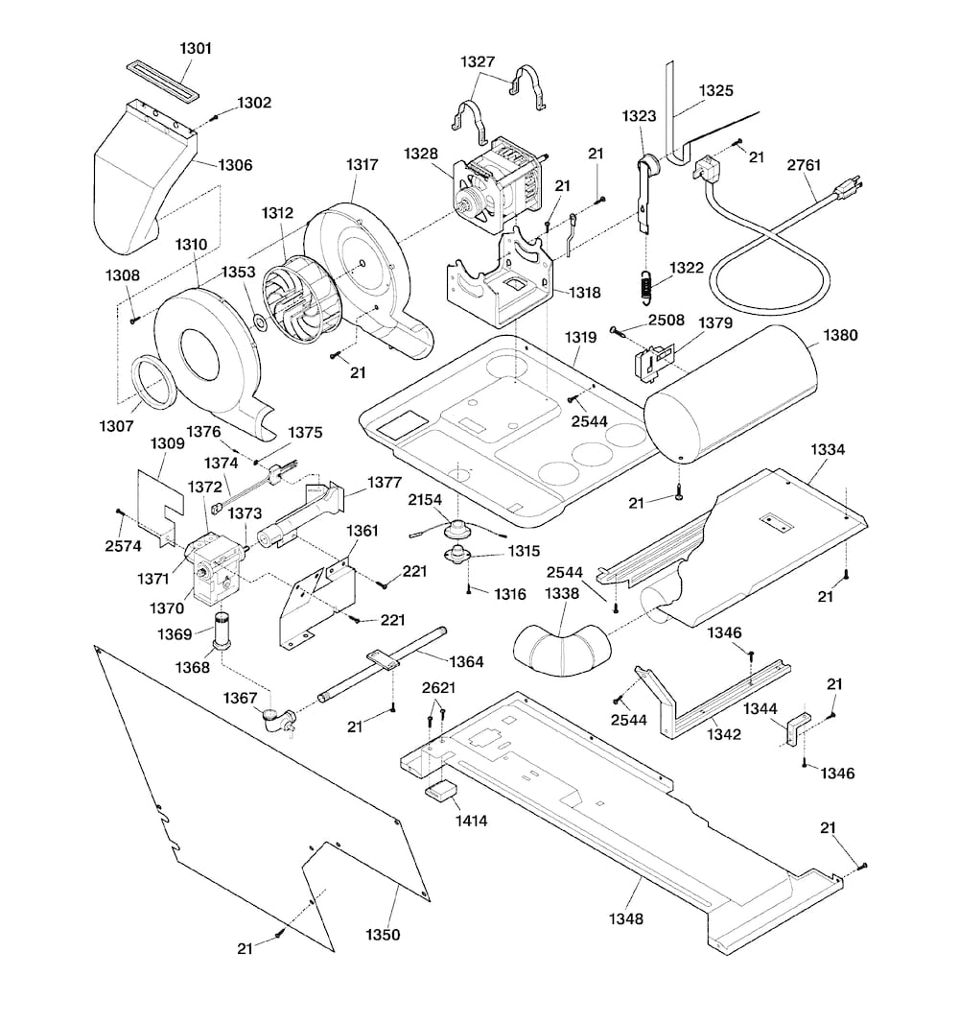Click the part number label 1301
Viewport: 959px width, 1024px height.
tap(196, 47)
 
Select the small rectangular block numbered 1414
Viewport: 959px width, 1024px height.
tap(442, 793)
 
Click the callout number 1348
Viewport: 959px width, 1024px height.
tap(624, 918)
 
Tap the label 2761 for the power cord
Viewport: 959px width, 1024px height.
tap(804, 164)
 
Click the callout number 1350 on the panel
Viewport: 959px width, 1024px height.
tap(383, 934)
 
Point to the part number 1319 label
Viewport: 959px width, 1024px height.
tap(579, 338)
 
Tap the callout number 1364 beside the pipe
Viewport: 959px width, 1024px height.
tap(465, 661)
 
